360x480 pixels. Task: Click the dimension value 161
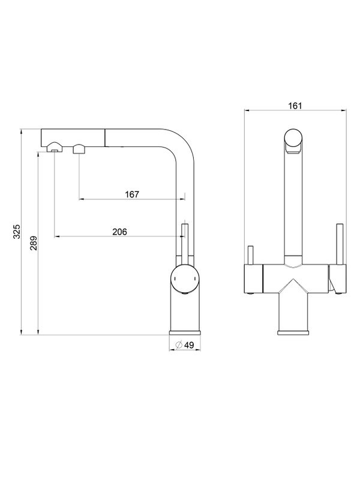pyautogui.click(x=294, y=106)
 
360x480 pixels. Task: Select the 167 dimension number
pyautogui.click(x=132, y=194)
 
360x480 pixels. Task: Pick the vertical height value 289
pyautogui.click(x=34, y=242)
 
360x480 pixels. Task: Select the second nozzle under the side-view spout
pyautogui.click(x=79, y=149)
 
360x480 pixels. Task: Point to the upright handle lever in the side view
pyautogui.click(x=184, y=243)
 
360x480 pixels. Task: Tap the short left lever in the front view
pyautogui.click(x=250, y=254)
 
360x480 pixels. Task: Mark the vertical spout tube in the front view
pyautogui.click(x=294, y=204)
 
